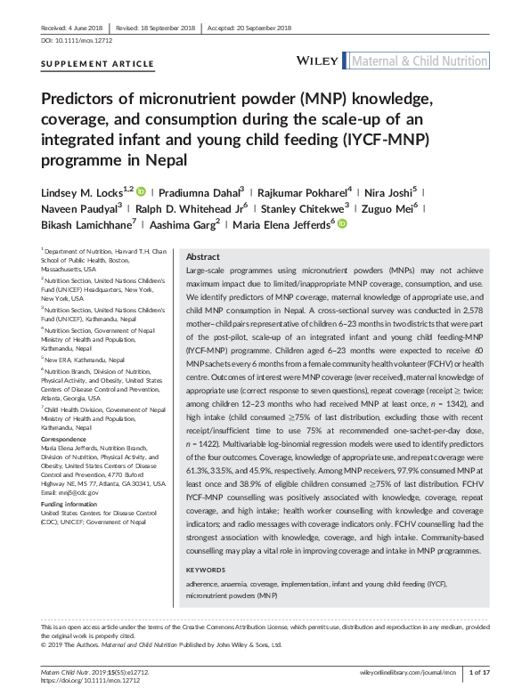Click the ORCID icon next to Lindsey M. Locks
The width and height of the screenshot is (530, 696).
coord(140,190)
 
